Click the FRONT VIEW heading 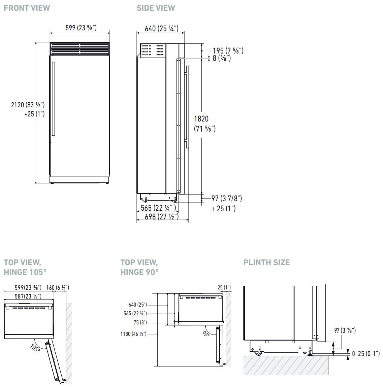(x=27, y=8)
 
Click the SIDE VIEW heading (x=156, y=8)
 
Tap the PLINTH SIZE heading (x=266, y=262)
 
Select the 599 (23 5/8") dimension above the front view (x=81, y=28)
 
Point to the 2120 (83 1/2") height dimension (x=28, y=105)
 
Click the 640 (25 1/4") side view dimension (x=162, y=29)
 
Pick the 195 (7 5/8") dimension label (x=228, y=50)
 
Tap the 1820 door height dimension (x=201, y=119)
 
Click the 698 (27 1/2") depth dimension (x=162, y=217)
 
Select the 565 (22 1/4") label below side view (x=158, y=208)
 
